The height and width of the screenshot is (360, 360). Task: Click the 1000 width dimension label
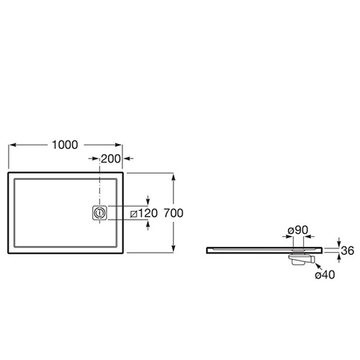click(x=65, y=145)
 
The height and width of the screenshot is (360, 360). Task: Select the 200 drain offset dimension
click(x=111, y=158)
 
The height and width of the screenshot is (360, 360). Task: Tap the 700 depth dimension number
click(x=174, y=213)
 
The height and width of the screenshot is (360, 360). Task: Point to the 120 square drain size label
click(x=148, y=213)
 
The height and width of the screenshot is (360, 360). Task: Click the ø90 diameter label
click(x=298, y=230)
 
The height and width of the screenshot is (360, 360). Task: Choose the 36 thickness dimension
click(x=347, y=251)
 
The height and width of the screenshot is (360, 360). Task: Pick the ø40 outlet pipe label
click(x=325, y=274)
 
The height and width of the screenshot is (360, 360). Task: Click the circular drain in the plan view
click(x=99, y=212)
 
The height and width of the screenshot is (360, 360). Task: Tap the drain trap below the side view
click(x=302, y=258)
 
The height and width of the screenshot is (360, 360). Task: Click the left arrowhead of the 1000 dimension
click(x=12, y=145)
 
